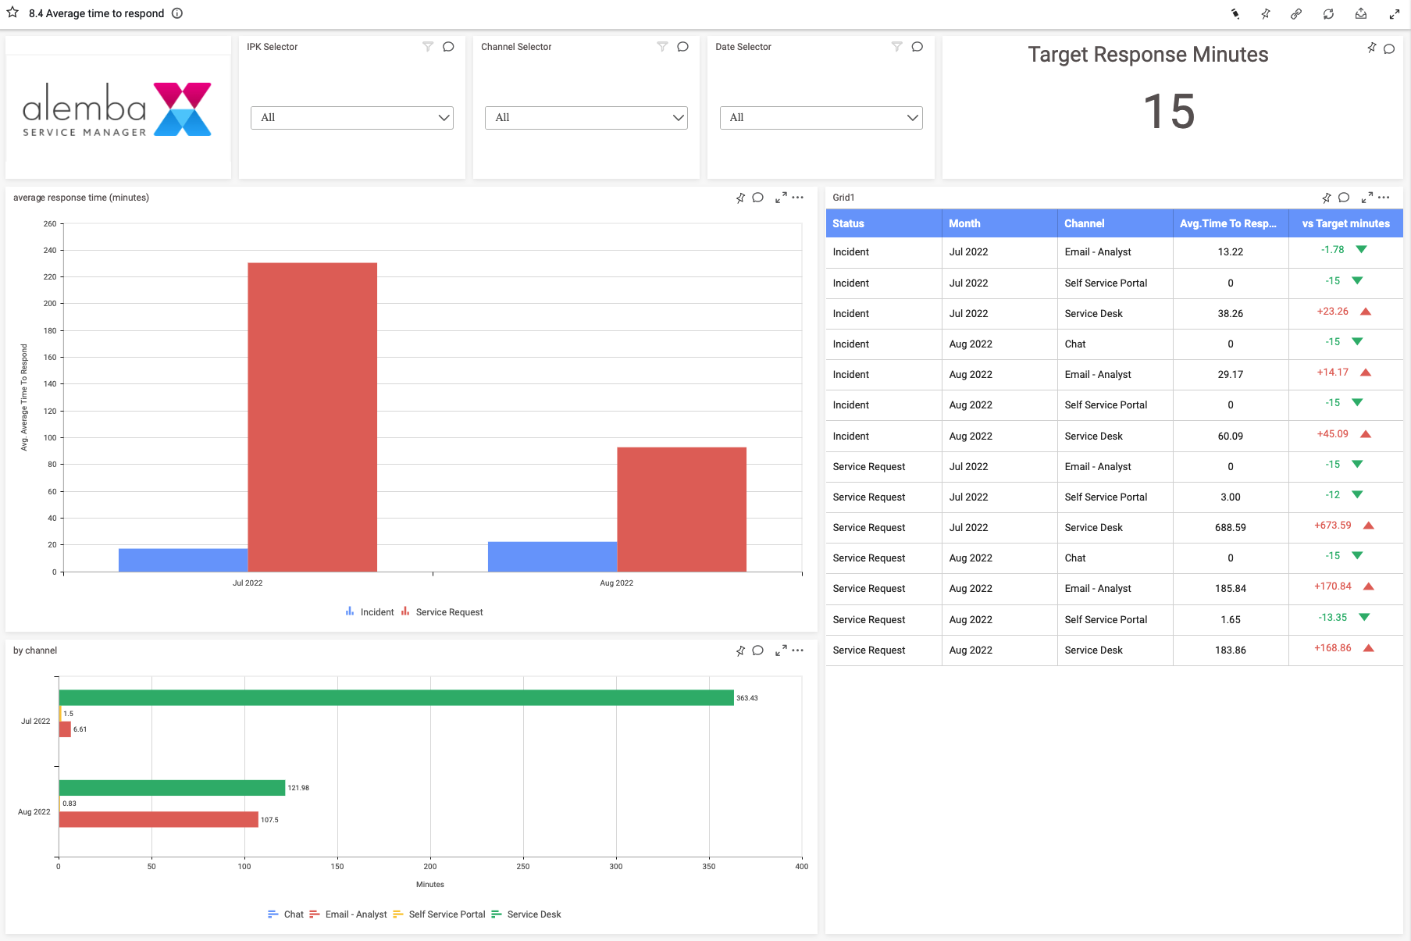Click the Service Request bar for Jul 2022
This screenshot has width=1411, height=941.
pyautogui.click(x=312, y=417)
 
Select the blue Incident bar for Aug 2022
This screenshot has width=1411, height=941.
pyautogui.click(x=552, y=557)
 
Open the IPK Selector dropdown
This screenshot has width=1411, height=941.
pyautogui.click(x=352, y=118)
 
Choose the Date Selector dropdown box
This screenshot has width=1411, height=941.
pyautogui.click(x=821, y=118)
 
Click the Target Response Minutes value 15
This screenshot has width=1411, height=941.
pyautogui.click(x=1169, y=112)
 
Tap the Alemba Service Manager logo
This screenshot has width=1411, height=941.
pyautogui.click(x=117, y=110)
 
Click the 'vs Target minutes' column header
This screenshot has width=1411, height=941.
pyautogui.click(x=1345, y=223)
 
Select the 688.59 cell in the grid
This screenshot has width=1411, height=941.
pyautogui.click(x=1230, y=528)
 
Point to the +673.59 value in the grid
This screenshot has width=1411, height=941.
pyautogui.click(x=1332, y=526)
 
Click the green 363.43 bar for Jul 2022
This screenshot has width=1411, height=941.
pyautogui.click(x=396, y=698)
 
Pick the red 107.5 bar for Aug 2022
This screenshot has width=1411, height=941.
pyautogui.click(x=159, y=819)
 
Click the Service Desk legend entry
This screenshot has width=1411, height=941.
pyautogui.click(x=533, y=914)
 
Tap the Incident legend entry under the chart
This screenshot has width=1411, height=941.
pyautogui.click(x=376, y=612)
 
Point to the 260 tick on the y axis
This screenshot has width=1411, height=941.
pyautogui.click(x=50, y=224)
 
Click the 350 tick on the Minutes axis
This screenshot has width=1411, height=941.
pyautogui.click(x=709, y=866)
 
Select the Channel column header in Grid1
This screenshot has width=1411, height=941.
pyautogui.click(x=1085, y=223)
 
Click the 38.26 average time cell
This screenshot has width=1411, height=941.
pyautogui.click(x=1230, y=314)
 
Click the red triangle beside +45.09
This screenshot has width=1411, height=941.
pyautogui.click(x=1366, y=434)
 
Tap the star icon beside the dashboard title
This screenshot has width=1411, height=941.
pyautogui.click(x=12, y=12)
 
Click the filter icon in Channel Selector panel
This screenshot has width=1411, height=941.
pyautogui.click(x=662, y=47)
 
